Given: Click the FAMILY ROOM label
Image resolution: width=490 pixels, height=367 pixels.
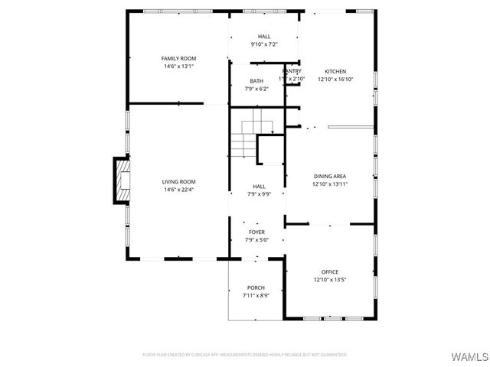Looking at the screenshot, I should point(178,59).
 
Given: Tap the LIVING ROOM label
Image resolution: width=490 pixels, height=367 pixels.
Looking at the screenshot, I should point(178,182).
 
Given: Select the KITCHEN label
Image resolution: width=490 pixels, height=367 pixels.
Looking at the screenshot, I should point(335,71).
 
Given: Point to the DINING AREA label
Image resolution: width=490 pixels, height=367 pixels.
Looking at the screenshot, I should point(330,177).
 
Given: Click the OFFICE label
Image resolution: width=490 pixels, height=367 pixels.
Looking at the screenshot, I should point(330,272).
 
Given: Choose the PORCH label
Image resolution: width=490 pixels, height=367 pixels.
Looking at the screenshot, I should point(255,287).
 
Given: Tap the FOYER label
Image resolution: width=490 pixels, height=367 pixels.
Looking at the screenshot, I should point(256,231).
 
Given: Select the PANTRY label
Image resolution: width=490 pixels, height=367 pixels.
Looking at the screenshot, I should point(292,70).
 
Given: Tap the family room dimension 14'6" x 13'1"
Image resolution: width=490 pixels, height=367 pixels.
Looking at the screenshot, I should point(178,67).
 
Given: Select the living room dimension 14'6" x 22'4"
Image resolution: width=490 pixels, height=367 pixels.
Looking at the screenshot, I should point(178,190).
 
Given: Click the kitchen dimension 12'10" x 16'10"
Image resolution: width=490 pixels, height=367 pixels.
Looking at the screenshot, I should point(335,79).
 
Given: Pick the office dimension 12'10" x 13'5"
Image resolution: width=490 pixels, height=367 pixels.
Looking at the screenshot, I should point(330,280).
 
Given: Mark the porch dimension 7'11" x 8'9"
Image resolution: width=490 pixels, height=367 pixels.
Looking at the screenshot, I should point(255,295).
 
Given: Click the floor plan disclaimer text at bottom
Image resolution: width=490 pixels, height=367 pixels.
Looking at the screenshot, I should point(244,355).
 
